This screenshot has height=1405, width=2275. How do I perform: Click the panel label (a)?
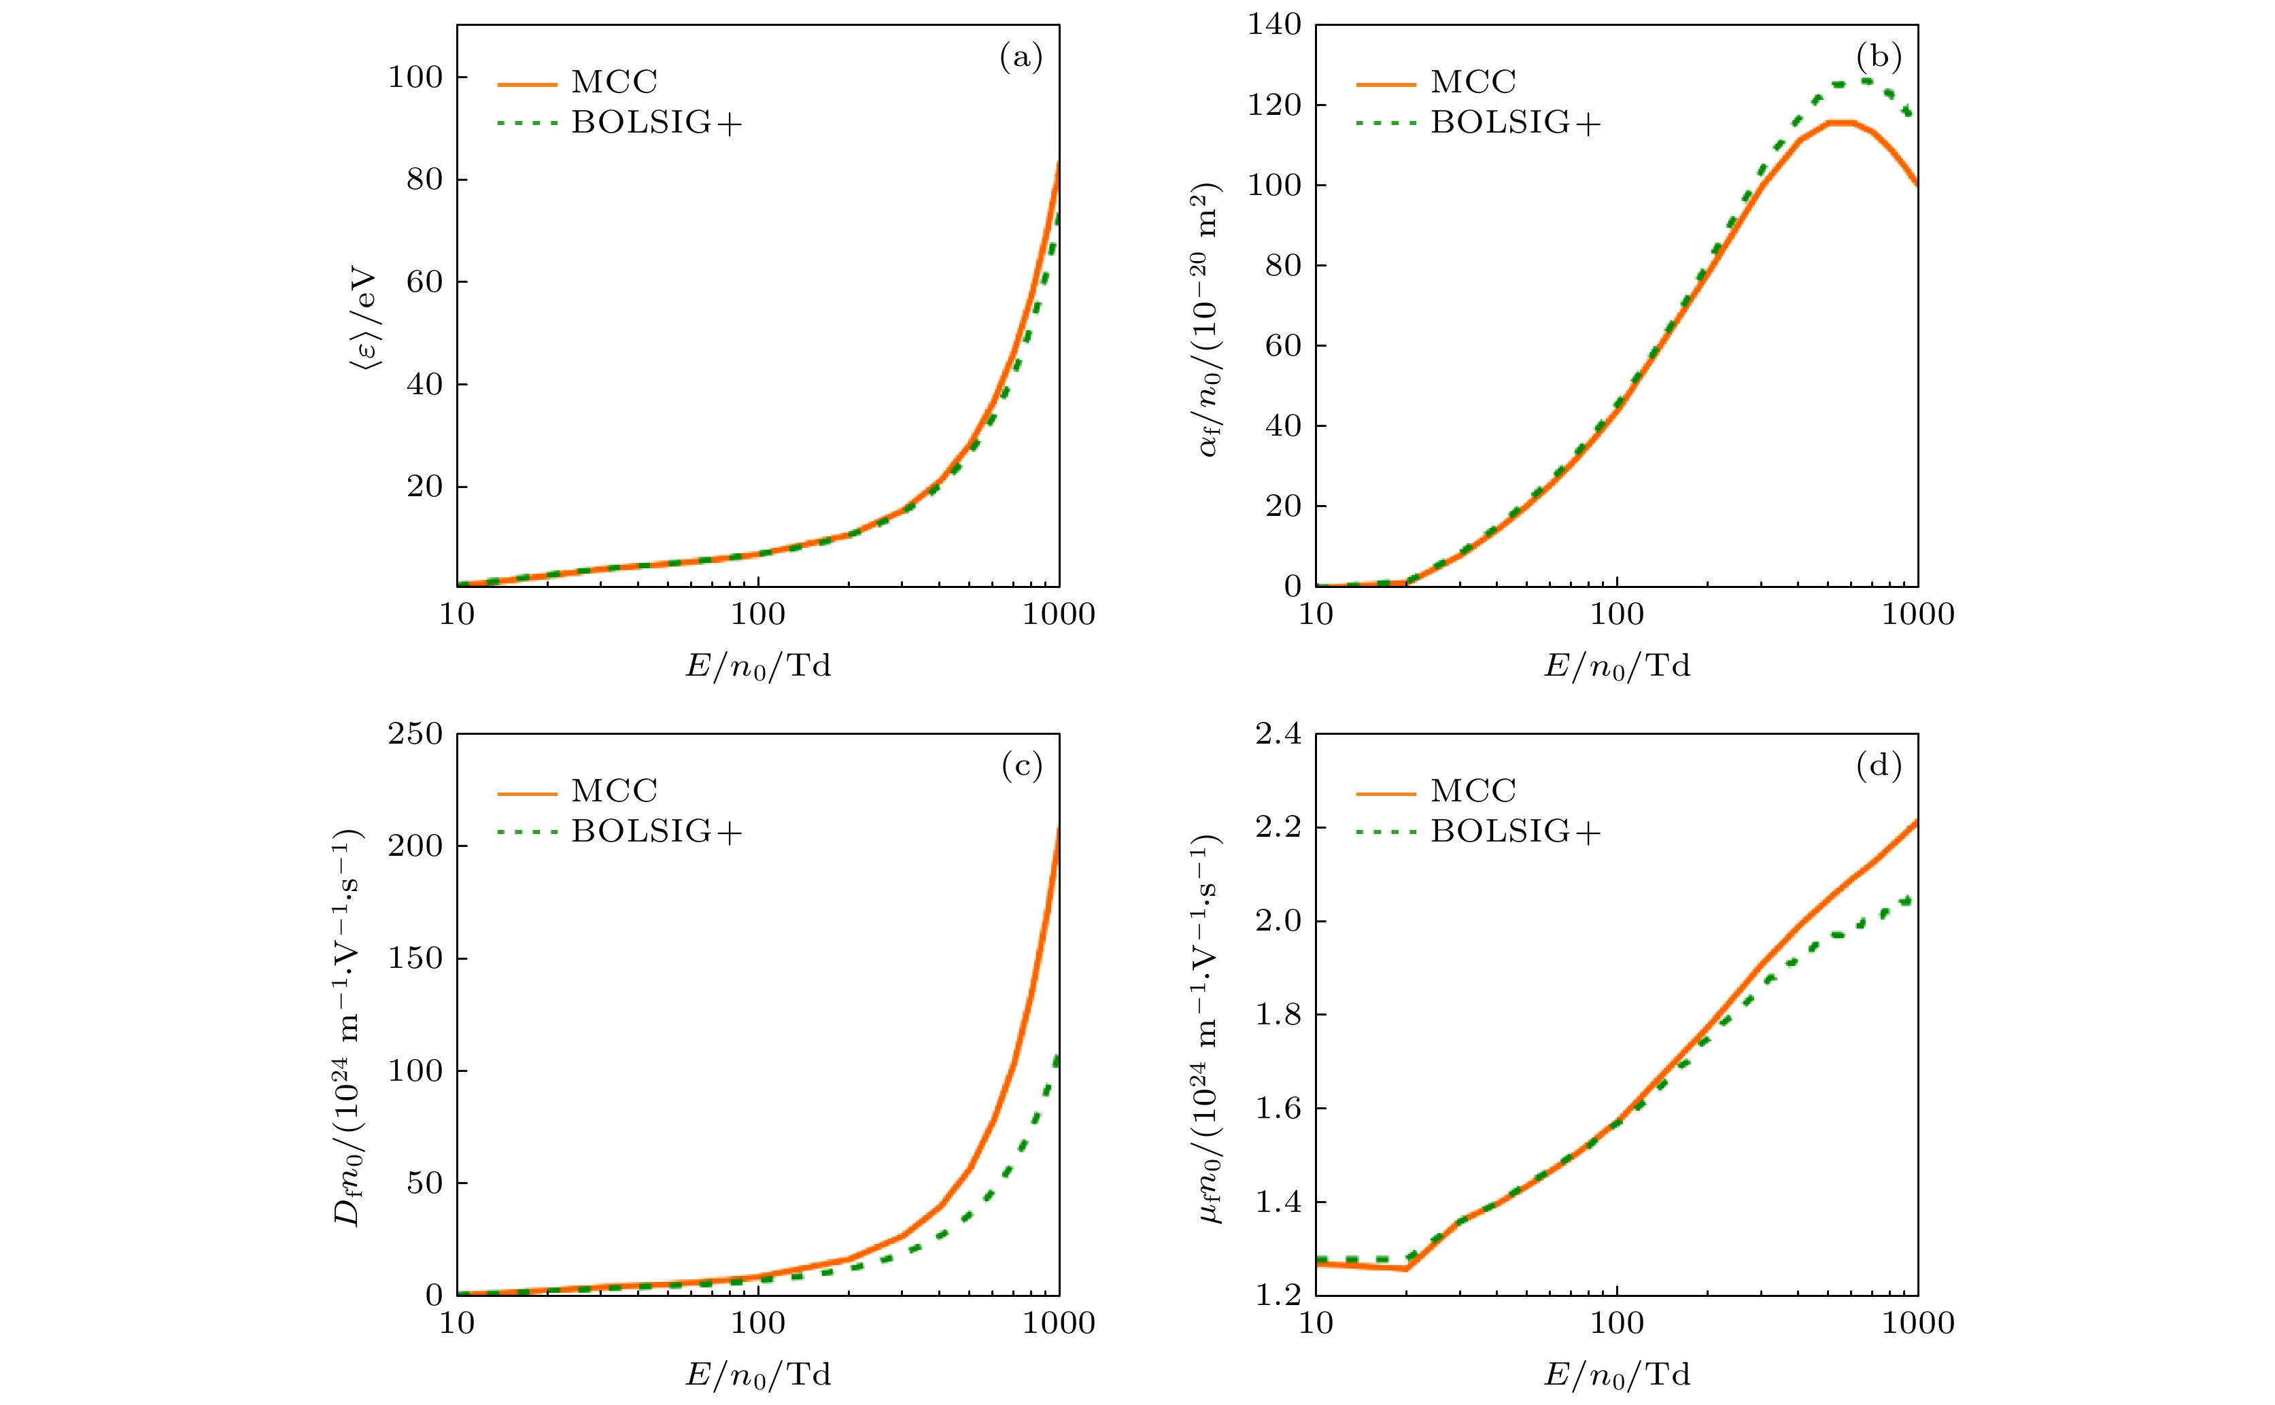[1021, 58]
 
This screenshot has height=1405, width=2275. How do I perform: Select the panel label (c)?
[1021, 767]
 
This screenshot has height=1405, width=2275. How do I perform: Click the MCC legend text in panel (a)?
[614, 82]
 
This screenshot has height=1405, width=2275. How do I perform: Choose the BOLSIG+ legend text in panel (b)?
[1516, 122]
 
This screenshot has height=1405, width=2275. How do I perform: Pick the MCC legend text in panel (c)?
[614, 791]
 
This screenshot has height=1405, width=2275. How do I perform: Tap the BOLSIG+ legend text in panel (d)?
[1516, 832]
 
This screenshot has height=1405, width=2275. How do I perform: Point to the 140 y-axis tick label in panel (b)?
[1274, 25]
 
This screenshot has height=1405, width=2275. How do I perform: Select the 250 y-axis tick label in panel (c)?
[415, 734]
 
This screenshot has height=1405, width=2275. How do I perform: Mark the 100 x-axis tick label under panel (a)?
[757, 614]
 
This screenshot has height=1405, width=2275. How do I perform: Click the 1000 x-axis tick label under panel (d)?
[1917, 1323]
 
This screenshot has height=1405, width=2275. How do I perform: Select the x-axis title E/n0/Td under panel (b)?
[1617, 666]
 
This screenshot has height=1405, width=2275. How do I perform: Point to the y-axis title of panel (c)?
[349, 1027]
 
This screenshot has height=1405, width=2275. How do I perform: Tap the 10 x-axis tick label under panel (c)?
[456, 1323]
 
